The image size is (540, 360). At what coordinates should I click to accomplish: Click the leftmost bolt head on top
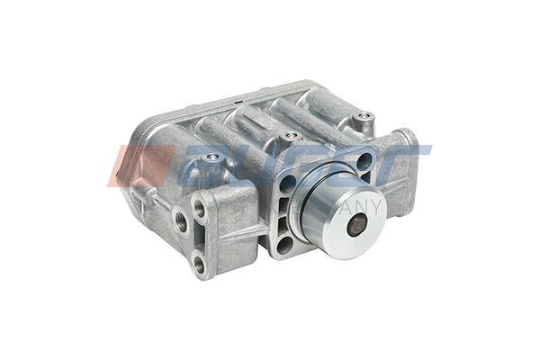tap(211, 157)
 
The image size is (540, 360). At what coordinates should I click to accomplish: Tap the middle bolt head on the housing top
tap(290, 137)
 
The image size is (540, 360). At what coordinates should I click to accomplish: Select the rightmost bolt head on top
tap(363, 116)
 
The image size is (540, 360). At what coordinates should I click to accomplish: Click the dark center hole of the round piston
tap(355, 223)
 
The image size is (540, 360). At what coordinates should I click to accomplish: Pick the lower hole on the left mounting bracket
tap(199, 264)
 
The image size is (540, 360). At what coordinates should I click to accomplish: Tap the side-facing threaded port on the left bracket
tap(181, 221)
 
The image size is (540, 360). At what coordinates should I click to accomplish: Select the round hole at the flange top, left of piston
tap(288, 183)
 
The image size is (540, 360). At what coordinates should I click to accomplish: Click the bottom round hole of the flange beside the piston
tap(286, 243)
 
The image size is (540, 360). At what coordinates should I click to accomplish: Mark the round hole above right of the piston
tap(364, 162)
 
